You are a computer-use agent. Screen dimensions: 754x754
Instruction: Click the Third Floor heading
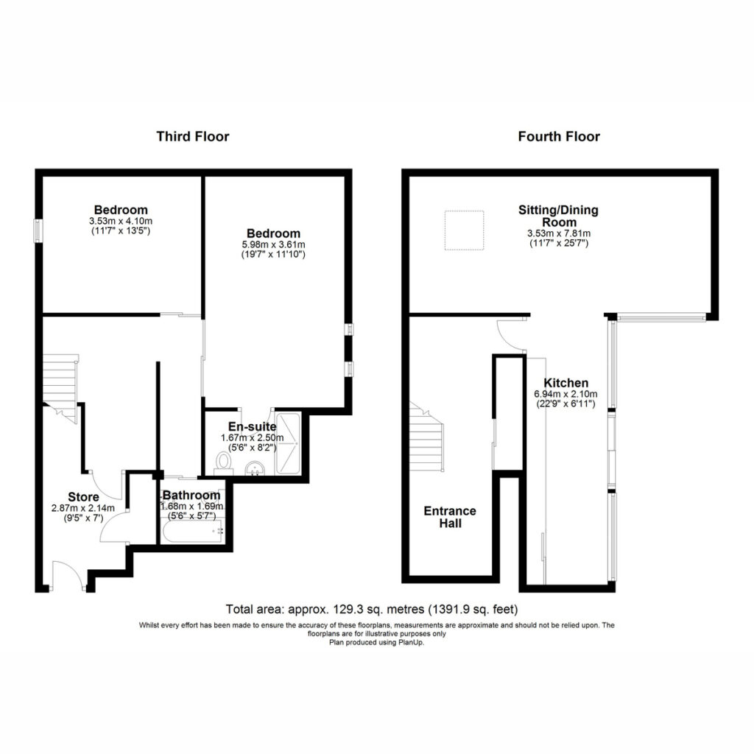(193, 136)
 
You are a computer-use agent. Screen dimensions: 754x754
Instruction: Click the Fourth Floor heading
(559, 136)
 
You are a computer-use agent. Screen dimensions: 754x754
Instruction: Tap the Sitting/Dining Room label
(558, 216)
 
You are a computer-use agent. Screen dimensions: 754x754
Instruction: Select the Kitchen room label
(566, 383)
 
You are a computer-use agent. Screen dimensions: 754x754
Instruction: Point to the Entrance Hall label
(450, 518)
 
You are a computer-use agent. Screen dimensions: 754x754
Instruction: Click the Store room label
(83, 497)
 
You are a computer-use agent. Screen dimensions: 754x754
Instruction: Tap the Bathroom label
(191, 496)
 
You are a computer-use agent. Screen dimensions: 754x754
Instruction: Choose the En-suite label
(252, 427)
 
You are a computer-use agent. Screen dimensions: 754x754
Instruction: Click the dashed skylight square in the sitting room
(464, 230)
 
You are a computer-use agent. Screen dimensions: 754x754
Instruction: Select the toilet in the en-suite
(223, 463)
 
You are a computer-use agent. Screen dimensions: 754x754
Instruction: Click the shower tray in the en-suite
(288, 443)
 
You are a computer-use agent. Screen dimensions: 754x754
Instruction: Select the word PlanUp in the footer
(411, 642)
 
